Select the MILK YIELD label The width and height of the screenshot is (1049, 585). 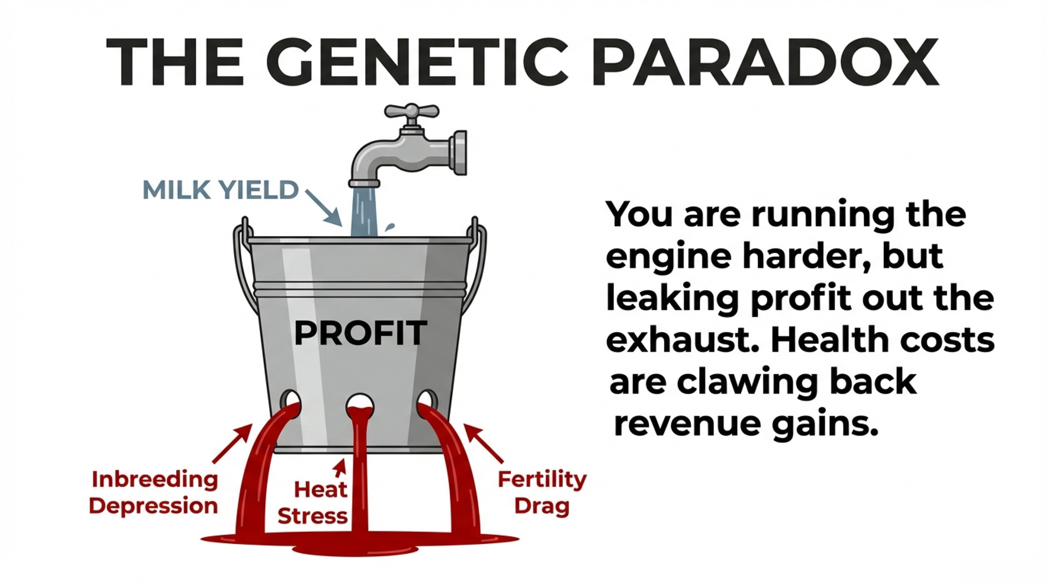[220, 190]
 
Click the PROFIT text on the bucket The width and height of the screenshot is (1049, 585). [360, 333]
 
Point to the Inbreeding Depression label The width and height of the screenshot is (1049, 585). [154, 493]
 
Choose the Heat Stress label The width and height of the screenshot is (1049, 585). [313, 503]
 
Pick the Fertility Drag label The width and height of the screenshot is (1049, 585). [542, 493]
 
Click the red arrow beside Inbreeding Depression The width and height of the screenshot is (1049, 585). [232, 444]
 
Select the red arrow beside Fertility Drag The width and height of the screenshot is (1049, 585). [484, 444]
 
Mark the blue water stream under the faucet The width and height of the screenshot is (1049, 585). [363, 211]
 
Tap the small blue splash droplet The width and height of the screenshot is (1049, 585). [390, 227]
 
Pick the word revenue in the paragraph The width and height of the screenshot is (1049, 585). [687, 425]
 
